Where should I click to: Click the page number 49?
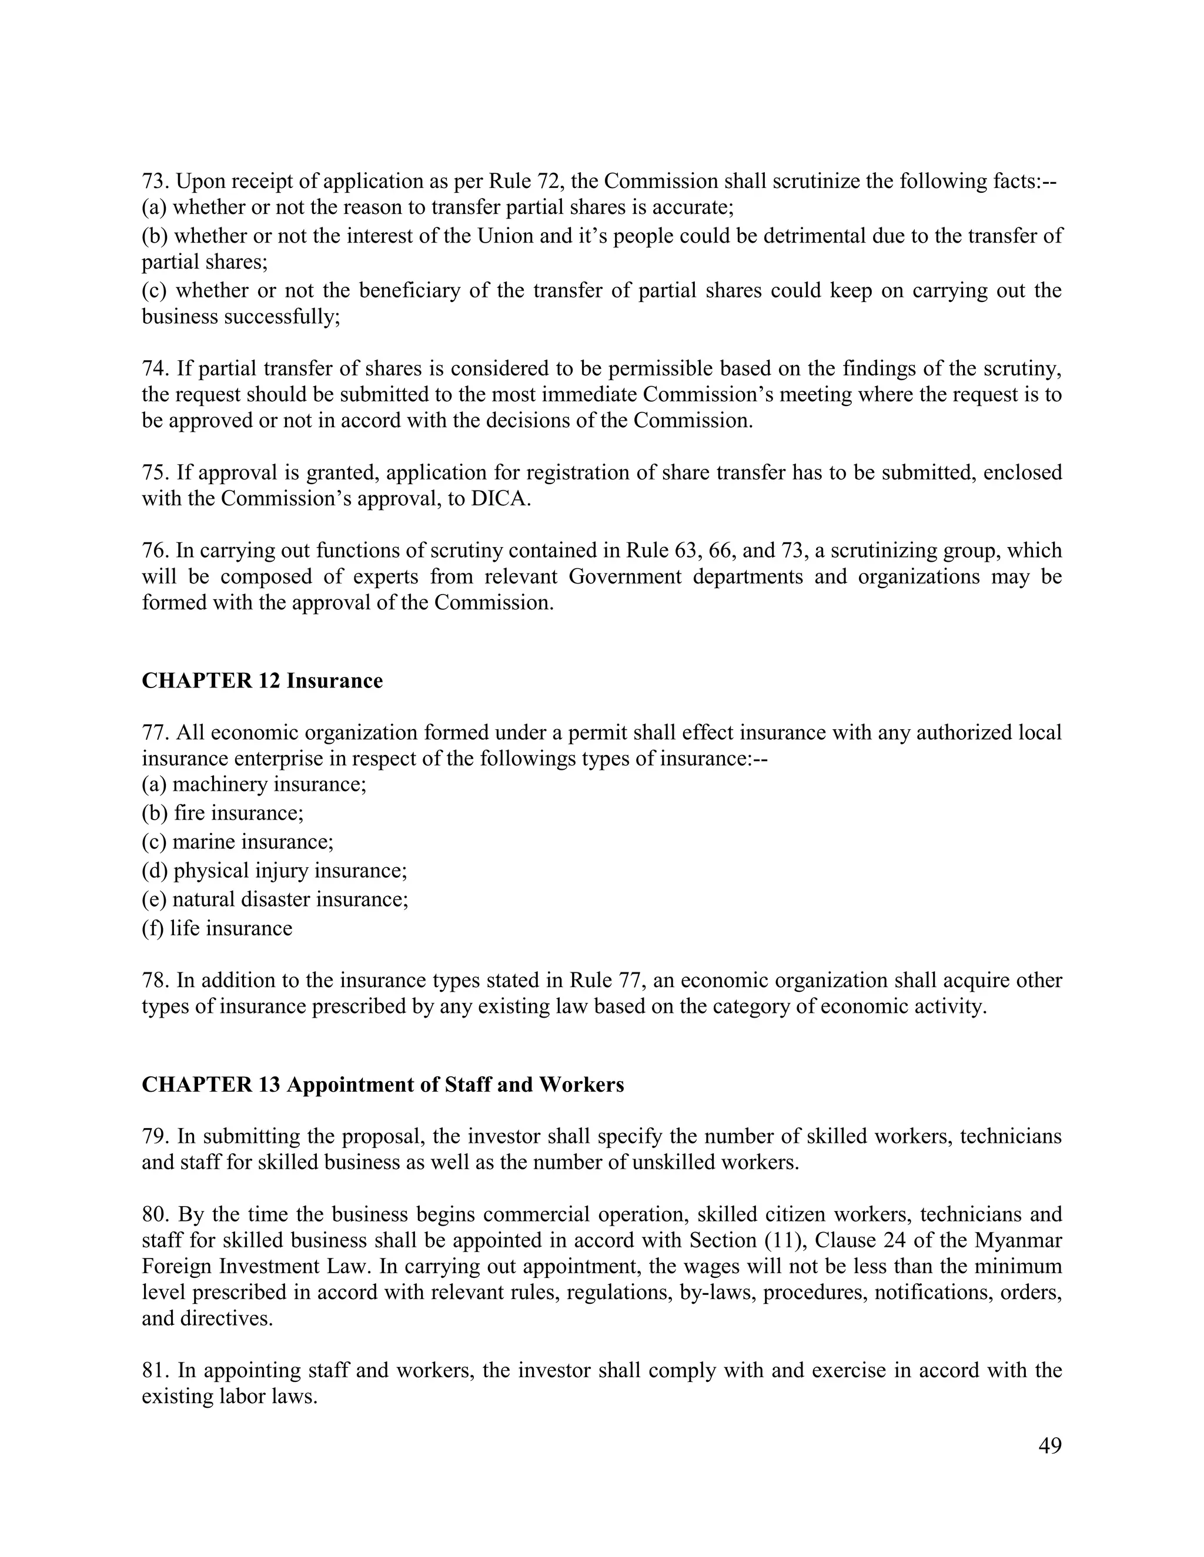(1050, 1446)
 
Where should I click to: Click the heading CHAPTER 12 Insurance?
(262, 681)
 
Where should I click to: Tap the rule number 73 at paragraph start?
(154, 181)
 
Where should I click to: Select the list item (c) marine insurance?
(237, 841)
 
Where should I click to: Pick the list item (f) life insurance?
(216, 928)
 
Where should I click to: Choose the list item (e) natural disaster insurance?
(275, 899)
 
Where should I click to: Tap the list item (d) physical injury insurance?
(274, 871)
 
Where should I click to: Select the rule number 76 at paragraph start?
(154, 551)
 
